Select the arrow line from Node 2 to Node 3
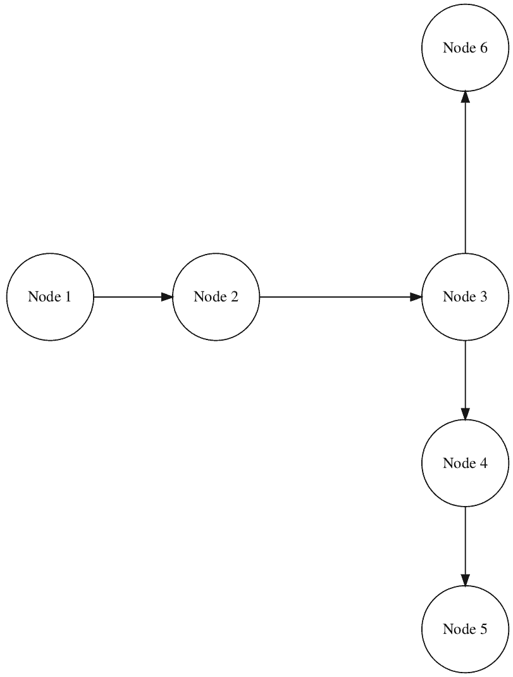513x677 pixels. [x=335, y=296]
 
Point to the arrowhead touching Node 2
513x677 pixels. [x=167, y=296]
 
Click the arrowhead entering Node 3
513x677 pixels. [x=416, y=296]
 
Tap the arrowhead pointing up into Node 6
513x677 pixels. [x=465, y=97]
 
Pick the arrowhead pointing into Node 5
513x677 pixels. [x=465, y=580]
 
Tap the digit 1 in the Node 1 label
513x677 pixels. [x=68, y=296]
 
